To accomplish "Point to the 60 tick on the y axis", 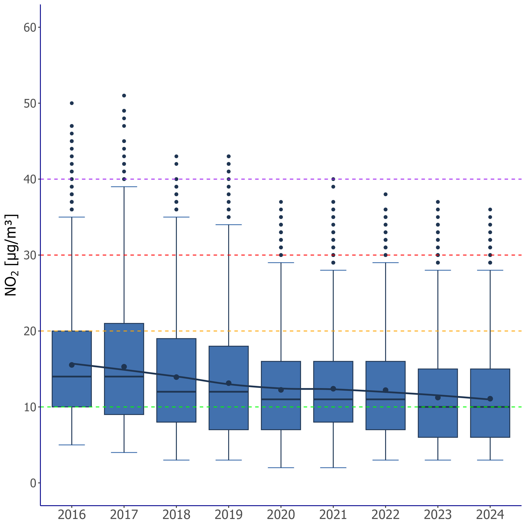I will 30,27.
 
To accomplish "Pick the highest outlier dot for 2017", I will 124,96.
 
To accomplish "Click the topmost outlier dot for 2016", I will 72,103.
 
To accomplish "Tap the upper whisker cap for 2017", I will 124,187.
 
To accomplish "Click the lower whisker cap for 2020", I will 281,468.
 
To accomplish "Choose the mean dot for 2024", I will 490,399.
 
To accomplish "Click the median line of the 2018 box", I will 176,392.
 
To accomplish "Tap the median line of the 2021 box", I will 333,399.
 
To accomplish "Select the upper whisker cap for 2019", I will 229,225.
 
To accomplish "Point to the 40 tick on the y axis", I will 30,179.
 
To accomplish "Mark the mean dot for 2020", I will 281,390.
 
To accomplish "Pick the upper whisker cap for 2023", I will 438,270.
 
